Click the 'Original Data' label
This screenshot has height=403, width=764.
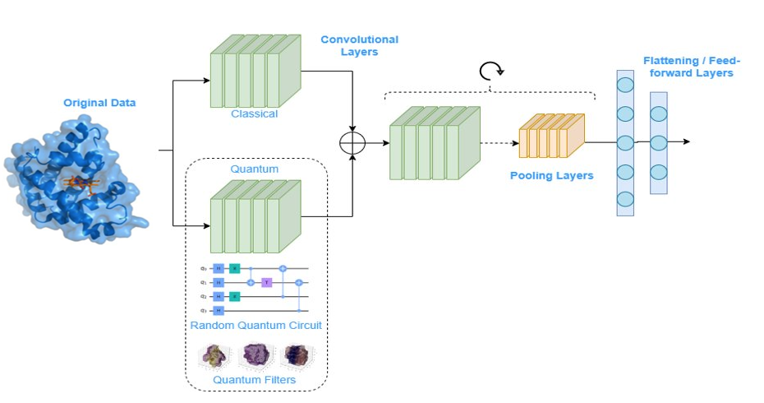99,103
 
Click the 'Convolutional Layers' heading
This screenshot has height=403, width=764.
359,45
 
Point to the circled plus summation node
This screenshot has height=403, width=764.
353,142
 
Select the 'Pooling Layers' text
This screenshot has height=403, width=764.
551,175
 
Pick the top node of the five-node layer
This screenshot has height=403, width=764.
626,85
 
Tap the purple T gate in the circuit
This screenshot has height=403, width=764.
266,282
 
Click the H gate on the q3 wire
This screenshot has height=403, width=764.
219,310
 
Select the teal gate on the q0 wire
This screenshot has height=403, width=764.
234,268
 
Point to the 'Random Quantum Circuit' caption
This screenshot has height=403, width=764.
255,326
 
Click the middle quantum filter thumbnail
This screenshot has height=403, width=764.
255,355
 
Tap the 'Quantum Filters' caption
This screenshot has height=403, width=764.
255,379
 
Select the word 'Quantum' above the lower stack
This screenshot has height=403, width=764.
255,169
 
